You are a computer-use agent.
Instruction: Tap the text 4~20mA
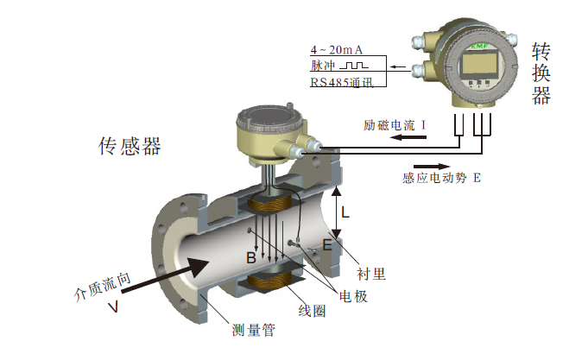pyautogui.click(x=336, y=49)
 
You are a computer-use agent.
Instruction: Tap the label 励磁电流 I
pyautogui.click(x=397, y=126)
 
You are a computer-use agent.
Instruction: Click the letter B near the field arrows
pyautogui.click(x=250, y=257)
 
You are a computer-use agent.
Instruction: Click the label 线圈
pyautogui.click(x=313, y=311)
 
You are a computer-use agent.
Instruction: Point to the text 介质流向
pyautogui.click(x=103, y=285)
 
